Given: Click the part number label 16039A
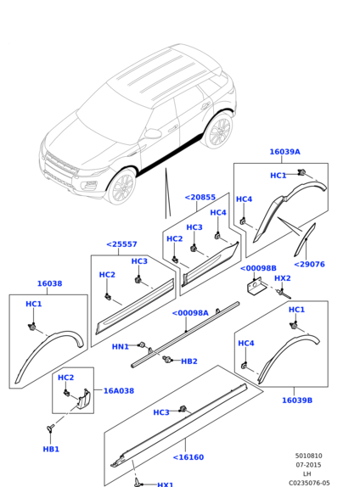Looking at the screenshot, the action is point(284,152).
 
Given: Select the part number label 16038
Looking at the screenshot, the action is point(50,283).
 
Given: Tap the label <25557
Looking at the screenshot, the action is point(122,244).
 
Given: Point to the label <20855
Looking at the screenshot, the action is point(200,197).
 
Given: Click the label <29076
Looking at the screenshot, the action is point(309,265).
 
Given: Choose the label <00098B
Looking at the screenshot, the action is point(258,268).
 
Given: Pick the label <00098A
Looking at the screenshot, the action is point(190,313).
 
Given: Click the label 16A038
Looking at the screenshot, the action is point(119,391).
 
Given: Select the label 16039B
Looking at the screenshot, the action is point(297,400).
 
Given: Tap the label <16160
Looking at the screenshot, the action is point(188,457).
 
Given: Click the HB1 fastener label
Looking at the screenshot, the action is point(51,449).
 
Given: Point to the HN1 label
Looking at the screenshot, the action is point(121,347).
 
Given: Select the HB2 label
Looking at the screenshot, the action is point(189,361).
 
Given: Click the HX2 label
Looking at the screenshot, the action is point(283,278).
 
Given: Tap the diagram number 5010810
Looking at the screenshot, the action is point(309,456).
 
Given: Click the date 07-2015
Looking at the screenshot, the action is point(309,465).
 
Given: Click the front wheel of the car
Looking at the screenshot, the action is point(121,187).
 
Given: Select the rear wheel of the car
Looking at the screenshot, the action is point(218,132).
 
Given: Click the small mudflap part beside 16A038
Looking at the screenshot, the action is point(82,399).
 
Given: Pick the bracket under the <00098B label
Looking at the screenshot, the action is point(256,288).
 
